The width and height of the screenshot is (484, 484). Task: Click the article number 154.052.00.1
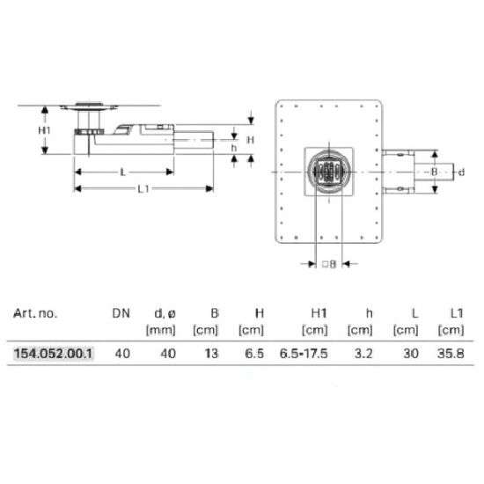click(53, 354)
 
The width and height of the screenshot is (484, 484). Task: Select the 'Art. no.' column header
click(35, 313)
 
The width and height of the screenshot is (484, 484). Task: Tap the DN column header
click(121, 313)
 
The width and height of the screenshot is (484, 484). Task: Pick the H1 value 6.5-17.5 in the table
click(304, 354)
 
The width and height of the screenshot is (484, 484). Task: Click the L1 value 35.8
click(451, 354)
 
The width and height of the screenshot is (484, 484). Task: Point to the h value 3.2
click(363, 354)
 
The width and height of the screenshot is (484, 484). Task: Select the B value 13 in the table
click(212, 354)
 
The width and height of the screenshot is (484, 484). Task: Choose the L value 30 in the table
click(411, 354)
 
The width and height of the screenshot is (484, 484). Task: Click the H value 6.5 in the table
click(254, 354)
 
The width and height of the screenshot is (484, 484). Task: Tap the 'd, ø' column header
click(165, 314)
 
